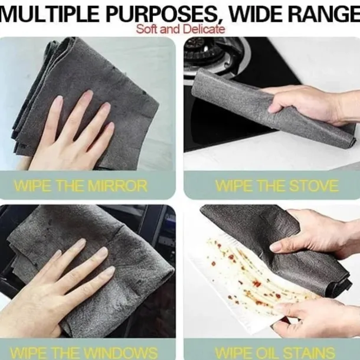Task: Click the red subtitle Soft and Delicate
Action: click(x=179, y=28)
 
